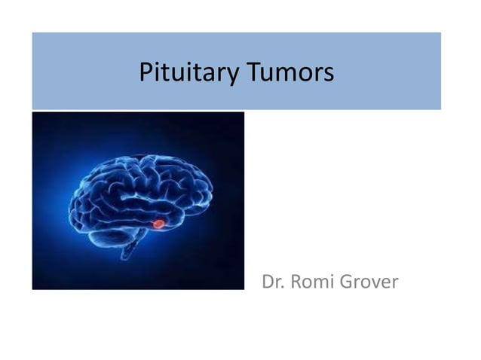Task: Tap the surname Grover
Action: (369, 284)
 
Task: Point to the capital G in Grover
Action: (345, 284)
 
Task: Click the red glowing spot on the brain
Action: (158, 223)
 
